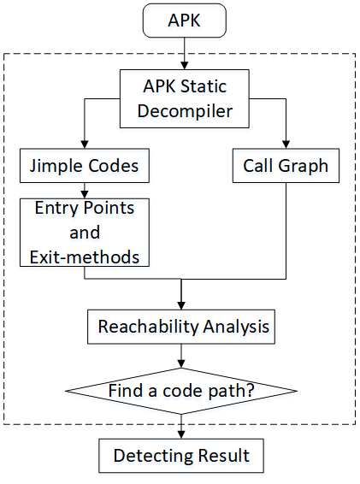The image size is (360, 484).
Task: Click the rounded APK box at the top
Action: pos(185,21)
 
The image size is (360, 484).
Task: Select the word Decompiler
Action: pos(185,111)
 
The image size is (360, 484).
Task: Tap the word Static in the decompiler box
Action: pos(204,86)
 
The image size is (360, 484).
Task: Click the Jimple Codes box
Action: pos(85,166)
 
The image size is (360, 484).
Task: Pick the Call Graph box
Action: pos(286,166)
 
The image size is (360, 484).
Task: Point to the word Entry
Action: pos(56,209)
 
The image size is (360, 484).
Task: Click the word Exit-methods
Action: pos(85,257)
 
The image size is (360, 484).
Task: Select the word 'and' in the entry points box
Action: pos(85,233)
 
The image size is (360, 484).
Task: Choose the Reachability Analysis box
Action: pos(181,327)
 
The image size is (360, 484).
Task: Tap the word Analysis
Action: pos(236,327)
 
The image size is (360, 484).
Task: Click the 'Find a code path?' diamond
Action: pos(181,391)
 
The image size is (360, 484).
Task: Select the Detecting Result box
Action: pos(181,456)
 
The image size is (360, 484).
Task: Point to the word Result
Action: pos(224,456)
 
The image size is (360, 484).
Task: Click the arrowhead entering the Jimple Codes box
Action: pos(85,145)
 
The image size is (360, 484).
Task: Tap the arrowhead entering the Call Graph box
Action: pos(286,145)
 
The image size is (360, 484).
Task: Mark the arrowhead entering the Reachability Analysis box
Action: pos(181,306)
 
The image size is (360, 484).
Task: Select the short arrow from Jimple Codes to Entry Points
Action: pos(85,191)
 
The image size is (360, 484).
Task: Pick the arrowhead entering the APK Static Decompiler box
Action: pos(185,66)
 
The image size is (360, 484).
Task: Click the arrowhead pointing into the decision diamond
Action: pos(181,363)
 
